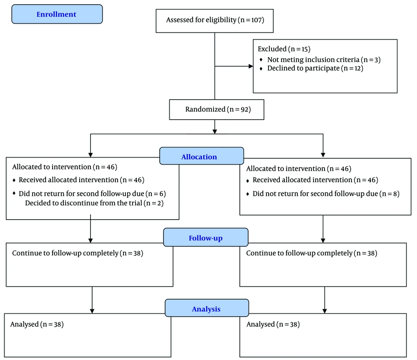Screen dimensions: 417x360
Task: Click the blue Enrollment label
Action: pyautogui.click(x=57, y=14)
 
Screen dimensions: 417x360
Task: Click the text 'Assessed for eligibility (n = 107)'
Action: pyautogui.click(x=215, y=20)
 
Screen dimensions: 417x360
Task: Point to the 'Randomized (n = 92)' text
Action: pyautogui.click(x=218, y=109)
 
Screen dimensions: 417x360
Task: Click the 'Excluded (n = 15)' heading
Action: pyautogui.click(x=284, y=49)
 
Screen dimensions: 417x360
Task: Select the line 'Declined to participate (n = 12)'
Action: pyautogui.click(x=315, y=68)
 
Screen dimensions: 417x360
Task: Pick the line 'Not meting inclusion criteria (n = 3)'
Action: pyautogui.click(x=324, y=60)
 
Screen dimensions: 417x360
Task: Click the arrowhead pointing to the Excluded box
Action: pyautogui.click(x=251, y=66)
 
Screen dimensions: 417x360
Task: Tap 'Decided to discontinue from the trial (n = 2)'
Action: pyautogui.click(x=94, y=203)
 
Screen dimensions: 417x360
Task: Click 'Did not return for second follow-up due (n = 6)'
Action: pyautogui.click(x=92, y=194)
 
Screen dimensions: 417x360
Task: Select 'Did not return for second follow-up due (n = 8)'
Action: pyautogui.click(x=326, y=194)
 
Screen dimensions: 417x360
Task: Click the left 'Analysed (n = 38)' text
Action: pyautogui.click(x=37, y=324)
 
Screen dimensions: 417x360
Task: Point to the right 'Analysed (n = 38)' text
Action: pyautogui.click(x=273, y=324)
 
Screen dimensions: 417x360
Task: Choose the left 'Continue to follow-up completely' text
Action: pyautogui.click(x=65, y=253)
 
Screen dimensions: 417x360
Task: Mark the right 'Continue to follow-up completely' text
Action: pyautogui.click(x=299, y=253)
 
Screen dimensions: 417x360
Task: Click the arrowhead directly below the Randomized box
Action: pyautogui.click(x=215, y=132)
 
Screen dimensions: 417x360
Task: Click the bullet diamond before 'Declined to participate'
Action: pyautogui.click(x=261, y=69)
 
